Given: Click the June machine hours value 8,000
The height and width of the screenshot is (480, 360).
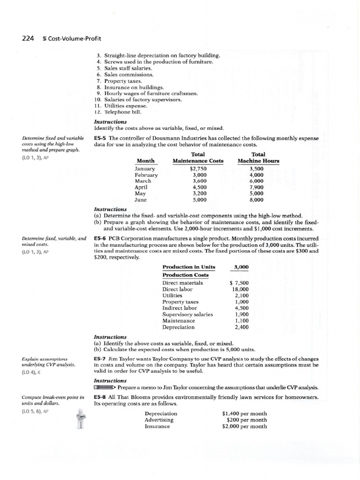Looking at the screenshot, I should (258, 199).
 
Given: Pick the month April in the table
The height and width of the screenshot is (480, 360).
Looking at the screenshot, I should (141, 187).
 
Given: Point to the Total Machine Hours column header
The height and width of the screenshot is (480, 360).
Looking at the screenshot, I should (258, 157).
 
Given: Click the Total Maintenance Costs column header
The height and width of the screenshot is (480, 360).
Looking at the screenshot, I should (198, 157).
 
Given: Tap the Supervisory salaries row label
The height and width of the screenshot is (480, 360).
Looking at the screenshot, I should (187, 315).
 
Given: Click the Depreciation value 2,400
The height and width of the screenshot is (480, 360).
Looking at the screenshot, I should (241, 327).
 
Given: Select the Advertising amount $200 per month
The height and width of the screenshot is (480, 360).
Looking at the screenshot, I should (243, 420).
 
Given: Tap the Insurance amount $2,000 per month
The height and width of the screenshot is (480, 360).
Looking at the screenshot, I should (244, 427).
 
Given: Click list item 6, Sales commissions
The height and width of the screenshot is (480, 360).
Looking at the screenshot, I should (125, 75).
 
